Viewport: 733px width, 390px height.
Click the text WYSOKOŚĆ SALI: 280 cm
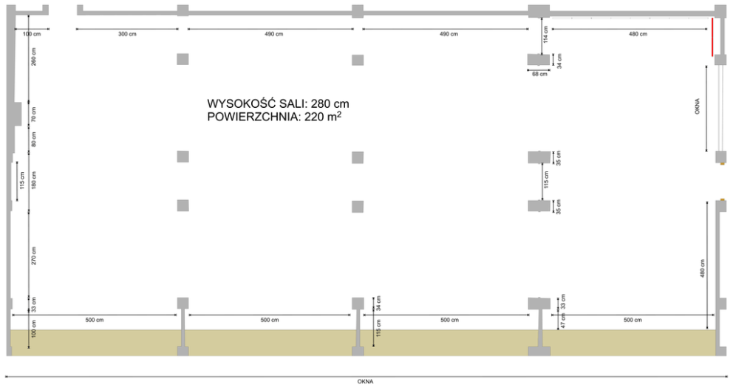[x=278, y=103]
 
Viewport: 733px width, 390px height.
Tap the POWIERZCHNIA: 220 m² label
[x=274, y=117]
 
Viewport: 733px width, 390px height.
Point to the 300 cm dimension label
[x=127, y=34]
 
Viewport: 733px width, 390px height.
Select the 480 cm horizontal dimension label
[x=638, y=34]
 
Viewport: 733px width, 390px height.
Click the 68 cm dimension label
[x=539, y=75]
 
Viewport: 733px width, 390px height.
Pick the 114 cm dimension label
[x=545, y=35]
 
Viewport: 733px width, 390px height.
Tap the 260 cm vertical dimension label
[x=34, y=57]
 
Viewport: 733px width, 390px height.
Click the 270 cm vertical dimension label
[x=34, y=256]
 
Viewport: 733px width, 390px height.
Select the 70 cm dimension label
[x=34, y=114]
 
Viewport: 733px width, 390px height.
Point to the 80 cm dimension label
[x=34, y=139]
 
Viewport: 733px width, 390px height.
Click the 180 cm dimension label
[x=34, y=180]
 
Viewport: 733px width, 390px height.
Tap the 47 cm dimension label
[x=563, y=321]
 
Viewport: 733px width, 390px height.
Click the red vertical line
[x=712, y=37]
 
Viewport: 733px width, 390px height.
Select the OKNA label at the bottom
[x=366, y=382]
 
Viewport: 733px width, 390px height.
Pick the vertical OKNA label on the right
[x=697, y=106]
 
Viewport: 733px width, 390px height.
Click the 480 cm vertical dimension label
[x=703, y=269]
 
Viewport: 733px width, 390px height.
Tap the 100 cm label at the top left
[x=32, y=34]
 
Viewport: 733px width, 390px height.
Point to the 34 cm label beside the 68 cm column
[x=559, y=61]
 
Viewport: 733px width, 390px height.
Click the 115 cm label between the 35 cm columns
[x=546, y=179]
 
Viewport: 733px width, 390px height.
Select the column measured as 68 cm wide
[x=539, y=60]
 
